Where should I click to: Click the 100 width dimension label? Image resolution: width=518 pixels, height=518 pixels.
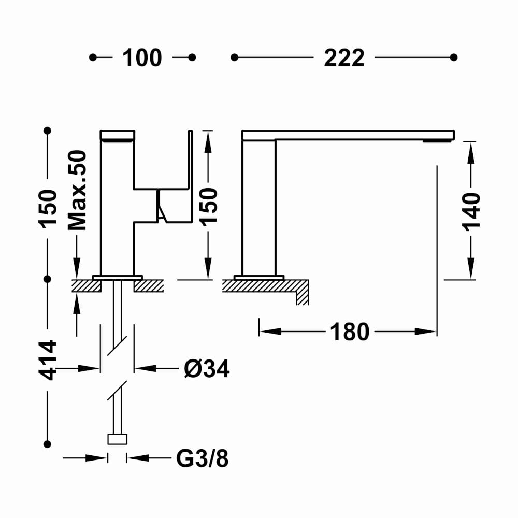pyautogui.click(x=142, y=58)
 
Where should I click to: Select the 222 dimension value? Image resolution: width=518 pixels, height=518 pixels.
pyautogui.click(x=344, y=58)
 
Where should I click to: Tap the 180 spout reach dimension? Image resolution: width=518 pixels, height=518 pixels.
pyautogui.click(x=350, y=332)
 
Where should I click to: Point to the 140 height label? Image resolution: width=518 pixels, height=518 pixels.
pyautogui.click(x=471, y=211)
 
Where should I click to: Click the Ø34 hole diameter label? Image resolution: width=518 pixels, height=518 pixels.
pyautogui.click(x=207, y=369)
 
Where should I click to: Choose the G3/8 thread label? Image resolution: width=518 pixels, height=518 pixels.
pyautogui.click(x=203, y=458)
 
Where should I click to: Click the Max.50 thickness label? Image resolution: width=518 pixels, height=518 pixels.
pyautogui.click(x=78, y=190)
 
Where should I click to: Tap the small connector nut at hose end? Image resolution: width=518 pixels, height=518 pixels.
pyautogui.click(x=117, y=439)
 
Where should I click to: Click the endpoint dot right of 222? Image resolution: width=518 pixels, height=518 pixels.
pyautogui.click(x=454, y=57)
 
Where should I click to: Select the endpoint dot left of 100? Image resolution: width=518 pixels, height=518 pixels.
pyautogui.click(x=93, y=57)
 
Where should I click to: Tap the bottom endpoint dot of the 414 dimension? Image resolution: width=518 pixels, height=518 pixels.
pyautogui.click(x=48, y=444)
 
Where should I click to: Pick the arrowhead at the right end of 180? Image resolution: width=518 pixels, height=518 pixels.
pyautogui.click(x=429, y=332)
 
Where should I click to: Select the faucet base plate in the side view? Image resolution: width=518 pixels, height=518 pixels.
pyautogui.click(x=258, y=277)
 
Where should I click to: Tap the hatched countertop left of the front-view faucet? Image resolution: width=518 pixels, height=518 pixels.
pyautogui.click(x=86, y=286)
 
